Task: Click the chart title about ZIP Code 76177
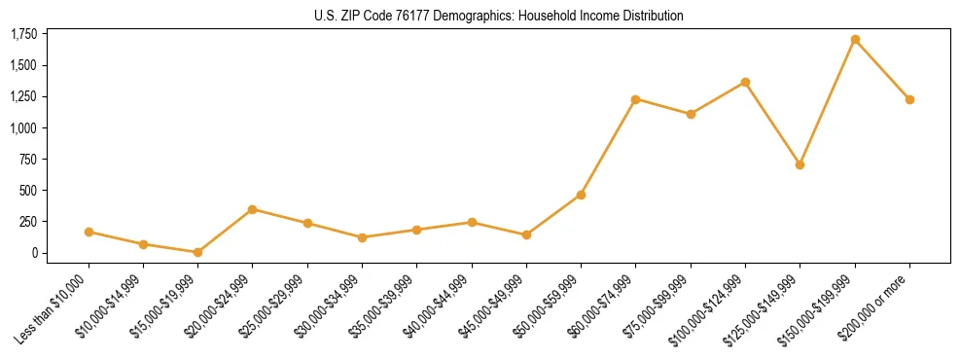499,16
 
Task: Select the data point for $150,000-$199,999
855,40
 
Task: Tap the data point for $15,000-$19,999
197,252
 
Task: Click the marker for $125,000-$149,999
800,164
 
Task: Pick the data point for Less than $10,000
89,232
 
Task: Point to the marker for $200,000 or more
909,99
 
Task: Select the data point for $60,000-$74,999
635,99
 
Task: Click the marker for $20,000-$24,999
253,209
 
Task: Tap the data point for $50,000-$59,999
581,195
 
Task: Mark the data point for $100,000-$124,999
745,83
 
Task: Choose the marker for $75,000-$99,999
691,114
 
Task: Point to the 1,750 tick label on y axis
23,34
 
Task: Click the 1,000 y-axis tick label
23,127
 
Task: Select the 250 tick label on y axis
28,222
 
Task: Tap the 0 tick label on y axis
35,253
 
